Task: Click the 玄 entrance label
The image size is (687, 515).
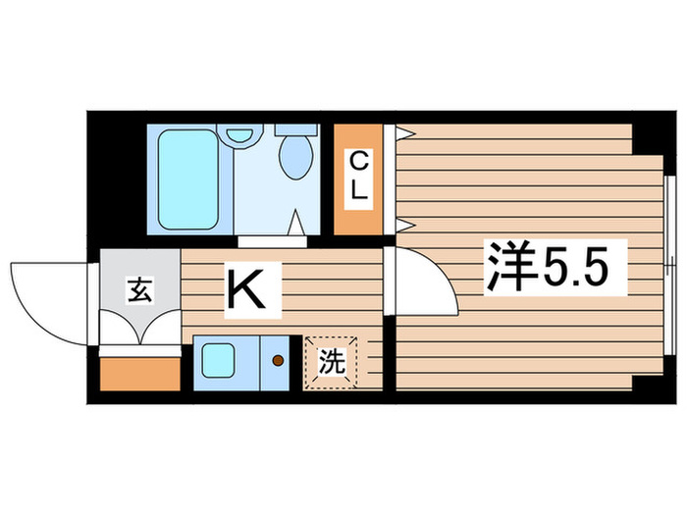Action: click(x=141, y=291)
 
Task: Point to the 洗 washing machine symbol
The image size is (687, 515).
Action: click(x=332, y=362)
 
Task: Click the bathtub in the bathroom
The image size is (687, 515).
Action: click(x=186, y=179)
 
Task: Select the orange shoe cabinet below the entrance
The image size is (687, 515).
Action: click(x=140, y=374)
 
